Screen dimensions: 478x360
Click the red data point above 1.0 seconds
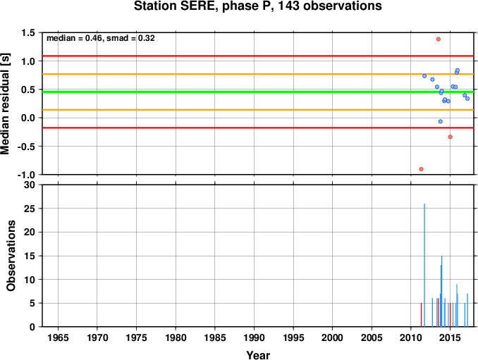point(439,39)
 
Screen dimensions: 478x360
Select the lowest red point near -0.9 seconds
point(422,169)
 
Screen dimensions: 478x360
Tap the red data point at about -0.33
point(451,137)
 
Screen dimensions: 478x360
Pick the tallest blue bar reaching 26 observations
point(424,265)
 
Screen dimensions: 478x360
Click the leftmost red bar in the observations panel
point(422,315)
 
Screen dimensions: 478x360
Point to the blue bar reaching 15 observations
point(442,291)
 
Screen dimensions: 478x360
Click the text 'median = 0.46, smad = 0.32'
point(101,38)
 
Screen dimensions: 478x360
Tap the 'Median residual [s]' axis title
point(5,104)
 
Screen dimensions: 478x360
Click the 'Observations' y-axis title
point(11,256)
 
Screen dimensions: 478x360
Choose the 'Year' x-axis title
point(258,355)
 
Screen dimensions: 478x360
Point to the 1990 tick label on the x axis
point(254,337)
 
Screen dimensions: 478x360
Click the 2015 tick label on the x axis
point(450,337)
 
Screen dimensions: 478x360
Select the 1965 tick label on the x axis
point(58,337)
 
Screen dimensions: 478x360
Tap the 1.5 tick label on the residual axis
point(28,32)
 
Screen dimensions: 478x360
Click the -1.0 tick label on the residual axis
point(26,175)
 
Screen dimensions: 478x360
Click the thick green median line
point(258,92)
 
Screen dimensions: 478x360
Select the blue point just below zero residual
point(441,121)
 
